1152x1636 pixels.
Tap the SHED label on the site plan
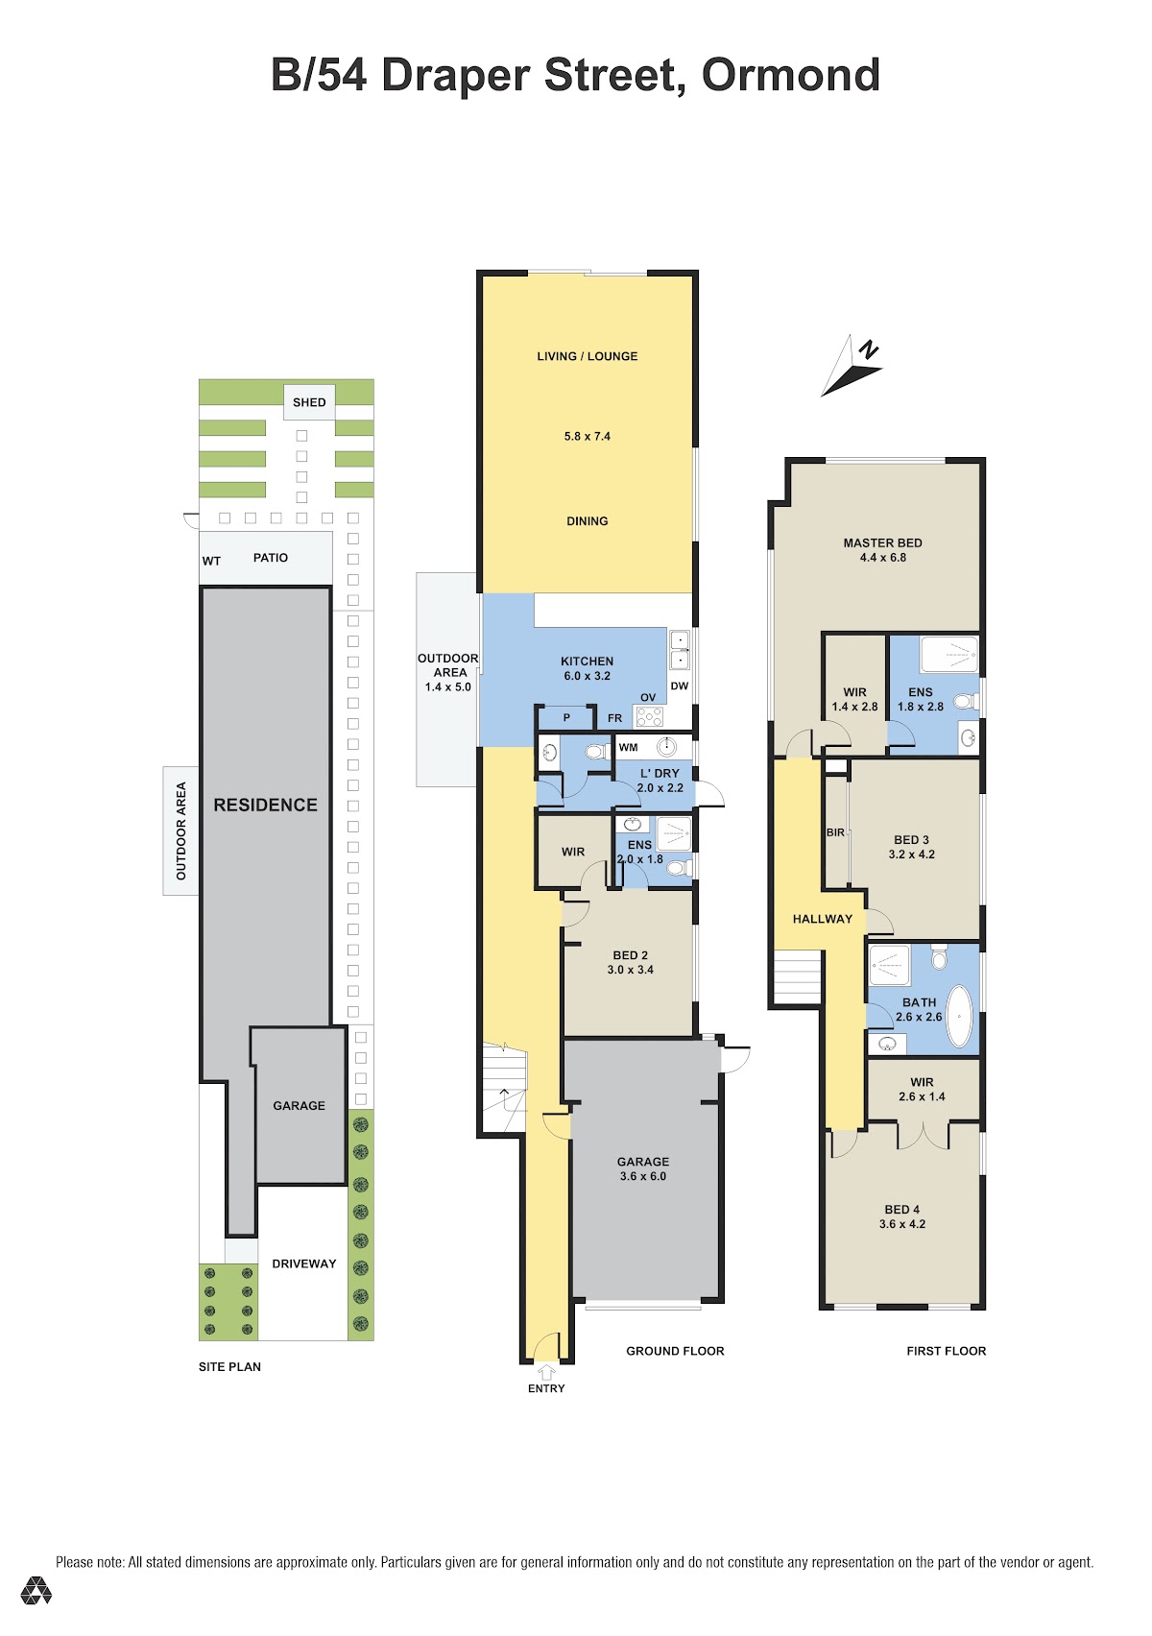click(x=309, y=402)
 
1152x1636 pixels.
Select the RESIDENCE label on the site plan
click(x=265, y=805)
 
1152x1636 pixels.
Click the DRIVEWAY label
click(x=304, y=1263)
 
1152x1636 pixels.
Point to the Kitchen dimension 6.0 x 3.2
click(x=587, y=676)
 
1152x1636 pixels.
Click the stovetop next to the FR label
click(x=649, y=717)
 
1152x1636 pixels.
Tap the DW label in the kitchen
click(x=680, y=686)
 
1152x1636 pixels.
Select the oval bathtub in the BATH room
click(x=959, y=1017)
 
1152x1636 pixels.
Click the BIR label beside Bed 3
click(x=835, y=832)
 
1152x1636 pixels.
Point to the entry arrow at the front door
click(x=546, y=1372)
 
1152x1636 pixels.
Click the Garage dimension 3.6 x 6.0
click(x=643, y=1176)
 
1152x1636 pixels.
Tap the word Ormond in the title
click(x=790, y=75)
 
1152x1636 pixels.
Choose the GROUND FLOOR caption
click(x=675, y=1351)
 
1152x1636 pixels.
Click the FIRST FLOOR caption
click(x=946, y=1351)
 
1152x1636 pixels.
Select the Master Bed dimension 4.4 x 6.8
click(x=882, y=557)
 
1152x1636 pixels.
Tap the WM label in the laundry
click(x=628, y=747)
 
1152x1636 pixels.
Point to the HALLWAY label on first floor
click(x=823, y=919)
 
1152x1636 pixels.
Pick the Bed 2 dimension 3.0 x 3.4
click(x=630, y=970)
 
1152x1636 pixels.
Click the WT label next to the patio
click(x=211, y=561)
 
